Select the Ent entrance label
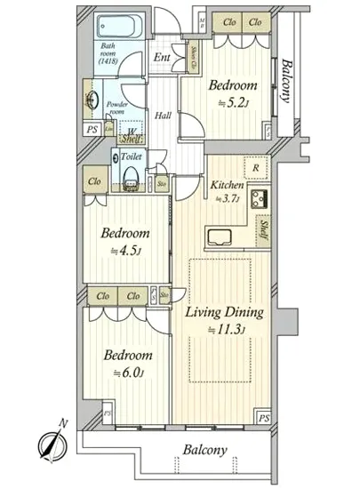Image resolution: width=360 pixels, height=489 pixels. click(162, 58)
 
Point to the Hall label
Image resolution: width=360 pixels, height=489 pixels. click(164, 116)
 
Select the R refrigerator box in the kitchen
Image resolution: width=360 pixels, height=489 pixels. click(256, 167)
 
